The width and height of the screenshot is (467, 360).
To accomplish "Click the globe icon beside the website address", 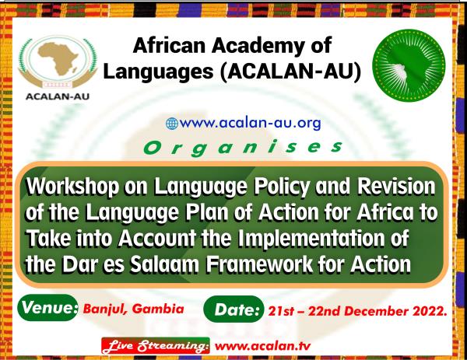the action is pyautogui.click(x=172, y=124).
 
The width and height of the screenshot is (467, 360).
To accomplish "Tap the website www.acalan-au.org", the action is pyautogui.click(x=250, y=123).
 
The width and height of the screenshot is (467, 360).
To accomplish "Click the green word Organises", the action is pyautogui.click(x=243, y=148).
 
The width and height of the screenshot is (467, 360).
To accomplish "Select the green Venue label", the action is pyautogui.click(x=48, y=307).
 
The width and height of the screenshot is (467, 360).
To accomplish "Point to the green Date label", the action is pyautogui.click(x=233, y=309).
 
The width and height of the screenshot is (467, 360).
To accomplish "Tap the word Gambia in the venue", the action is pyautogui.click(x=158, y=309).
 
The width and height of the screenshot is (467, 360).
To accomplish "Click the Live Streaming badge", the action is pyautogui.click(x=156, y=346).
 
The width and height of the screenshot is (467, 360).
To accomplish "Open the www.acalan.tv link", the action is pyautogui.click(x=262, y=346).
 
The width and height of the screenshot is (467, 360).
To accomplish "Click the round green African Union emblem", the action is pyautogui.click(x=409, y=65).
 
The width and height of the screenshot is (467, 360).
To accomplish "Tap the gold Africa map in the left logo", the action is pyautogui.click(x=58, y=58).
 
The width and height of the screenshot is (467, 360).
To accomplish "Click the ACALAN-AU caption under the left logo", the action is pyautogui.click(x=58, y=96).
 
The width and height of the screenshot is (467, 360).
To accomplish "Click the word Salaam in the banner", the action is pyautogui.click(x=164, y=265).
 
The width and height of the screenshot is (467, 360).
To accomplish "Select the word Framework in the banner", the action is pyautogui.click(x=259, y=265).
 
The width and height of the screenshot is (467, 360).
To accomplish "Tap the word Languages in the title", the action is pyautogui.click(x=159, y=72).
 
